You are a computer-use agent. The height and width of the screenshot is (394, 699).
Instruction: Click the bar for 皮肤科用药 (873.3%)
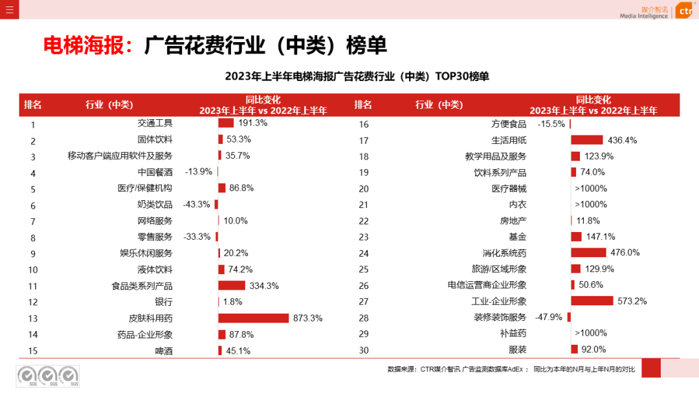[253, 318]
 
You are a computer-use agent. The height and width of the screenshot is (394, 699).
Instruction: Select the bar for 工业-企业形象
[592, 301]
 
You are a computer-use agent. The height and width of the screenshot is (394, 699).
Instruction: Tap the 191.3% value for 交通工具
[252, 122]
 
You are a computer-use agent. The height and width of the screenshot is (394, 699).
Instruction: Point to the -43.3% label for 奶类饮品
[197, 204]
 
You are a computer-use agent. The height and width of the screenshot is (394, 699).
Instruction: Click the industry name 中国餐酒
[155, 172]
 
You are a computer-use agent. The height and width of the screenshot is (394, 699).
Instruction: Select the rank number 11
[33, 286]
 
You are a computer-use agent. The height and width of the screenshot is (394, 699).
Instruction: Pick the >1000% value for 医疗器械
[590, 189]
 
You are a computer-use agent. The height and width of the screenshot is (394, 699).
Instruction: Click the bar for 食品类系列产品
[232, 286]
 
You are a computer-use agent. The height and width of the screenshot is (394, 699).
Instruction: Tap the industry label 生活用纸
[509, 140]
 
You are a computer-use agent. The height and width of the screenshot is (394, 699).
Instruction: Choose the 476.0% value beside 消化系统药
[625, 253]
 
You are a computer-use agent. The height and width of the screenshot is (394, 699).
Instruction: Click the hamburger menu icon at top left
[9, 9]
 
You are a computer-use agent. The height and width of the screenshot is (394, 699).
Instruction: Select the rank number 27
[364, 301]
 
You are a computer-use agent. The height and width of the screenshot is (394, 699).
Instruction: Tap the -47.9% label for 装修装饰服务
[549, 317]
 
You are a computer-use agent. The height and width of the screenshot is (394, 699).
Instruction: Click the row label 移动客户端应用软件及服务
[120, 156]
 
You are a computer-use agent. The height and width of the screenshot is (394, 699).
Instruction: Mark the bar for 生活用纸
[586, 140]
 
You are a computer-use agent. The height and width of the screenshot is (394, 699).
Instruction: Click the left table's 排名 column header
[33, 105]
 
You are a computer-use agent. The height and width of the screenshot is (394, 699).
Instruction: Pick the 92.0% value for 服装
[594, 349]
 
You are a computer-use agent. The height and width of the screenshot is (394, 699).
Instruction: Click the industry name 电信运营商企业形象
[487, 285]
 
